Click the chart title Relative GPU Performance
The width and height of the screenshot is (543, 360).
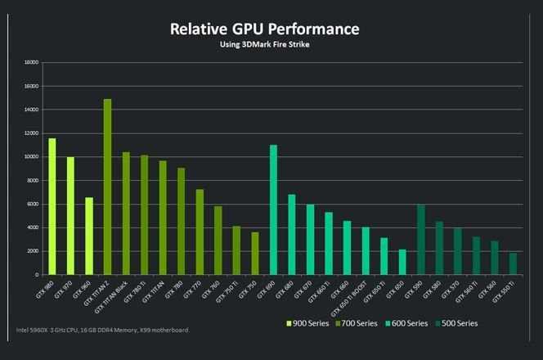tap(264, 29)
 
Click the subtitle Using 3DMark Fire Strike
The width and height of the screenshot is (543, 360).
tap(264, 44)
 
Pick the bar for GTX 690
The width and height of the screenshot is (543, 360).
tap(273, 209)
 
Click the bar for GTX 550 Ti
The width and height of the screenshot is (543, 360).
tap(513, 263)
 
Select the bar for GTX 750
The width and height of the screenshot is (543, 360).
tap(254, 253)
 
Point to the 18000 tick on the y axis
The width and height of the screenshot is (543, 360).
tap(30, 62)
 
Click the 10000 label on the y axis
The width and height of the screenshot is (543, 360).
tap(30, 156)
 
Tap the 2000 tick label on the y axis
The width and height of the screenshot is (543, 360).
tap(32, 250)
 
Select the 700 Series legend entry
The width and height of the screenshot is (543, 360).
tap(357, 322)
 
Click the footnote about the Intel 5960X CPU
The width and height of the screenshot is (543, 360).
tap(103, 331)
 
